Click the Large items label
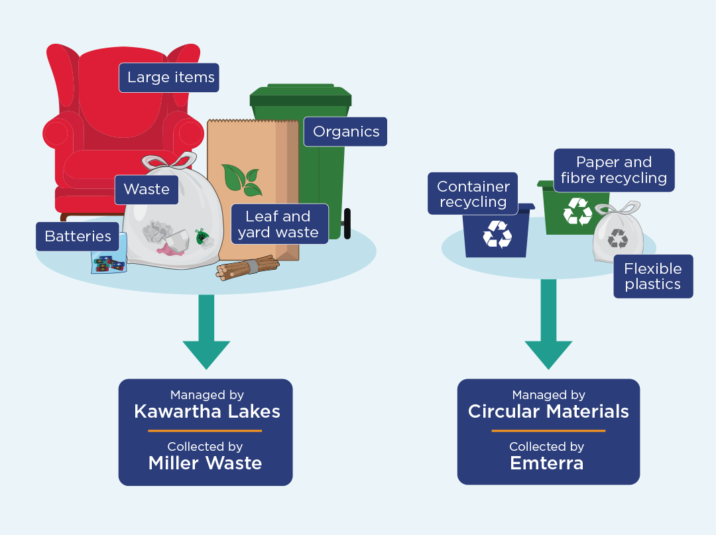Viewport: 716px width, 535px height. click(x=170, y=78)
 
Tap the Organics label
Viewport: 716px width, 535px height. click(x=345, y=131)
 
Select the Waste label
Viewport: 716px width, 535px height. click(x=147, y=189)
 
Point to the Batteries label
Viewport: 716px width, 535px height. click(x=78, y=236)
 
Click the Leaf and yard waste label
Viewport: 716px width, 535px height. click(x=278, y=224)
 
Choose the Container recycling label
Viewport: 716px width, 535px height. click(x=473, y=194)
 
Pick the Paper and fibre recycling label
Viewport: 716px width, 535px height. click(x=613, y=170)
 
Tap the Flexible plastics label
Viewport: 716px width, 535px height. click(x=652, y=276)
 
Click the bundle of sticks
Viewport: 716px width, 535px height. click(x=247, y=266)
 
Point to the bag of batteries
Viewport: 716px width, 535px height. click(x=107, y=263)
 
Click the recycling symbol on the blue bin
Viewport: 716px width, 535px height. click(x=497, y=234)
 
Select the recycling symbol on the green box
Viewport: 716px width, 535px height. click(x=577, y=211)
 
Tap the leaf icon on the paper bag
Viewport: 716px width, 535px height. click(x=241, y=179)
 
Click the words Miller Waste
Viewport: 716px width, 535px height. click(x=205, y=463)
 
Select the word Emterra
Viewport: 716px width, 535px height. click(x=547, y=463)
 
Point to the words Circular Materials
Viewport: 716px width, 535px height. click(x=548, y=411)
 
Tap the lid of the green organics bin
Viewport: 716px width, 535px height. click(x=301, y=96)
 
